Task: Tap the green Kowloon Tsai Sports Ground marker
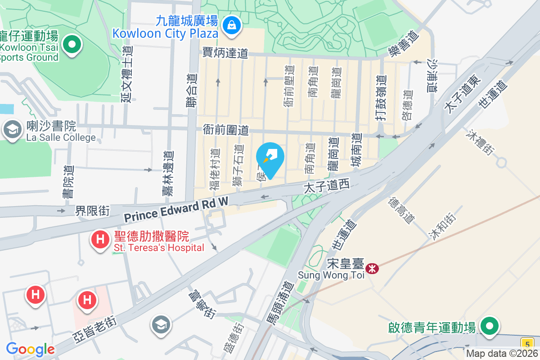pyautogui.click(x=72, y=45)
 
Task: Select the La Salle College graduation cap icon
pyautogui.click(x=13, y=130)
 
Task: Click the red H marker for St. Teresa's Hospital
pyautogui.click(x=100, y=239)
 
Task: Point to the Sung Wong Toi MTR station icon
pyautogui.click(x=372, y=269)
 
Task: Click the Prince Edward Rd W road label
pyautogui.click(x=176, y=211)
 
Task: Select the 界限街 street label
pyautogui.click(x=92, y=210)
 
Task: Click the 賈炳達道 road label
pyautogui.click(x=225, y=53)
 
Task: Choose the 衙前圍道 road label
pyautogui.click(x=225, y=130)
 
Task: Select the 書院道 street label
pyautogui.click(x=69, y=182)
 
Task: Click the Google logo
pyautogui.click(x=30, y=349)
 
